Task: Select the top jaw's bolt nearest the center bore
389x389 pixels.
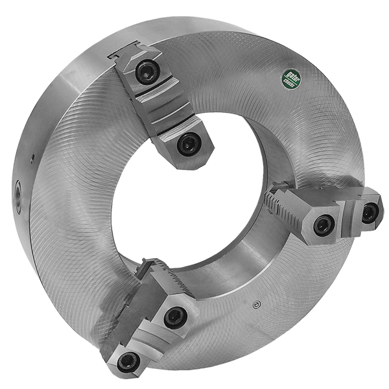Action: (x=188, y=144)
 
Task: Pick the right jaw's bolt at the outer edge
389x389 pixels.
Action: (x=369, y=213)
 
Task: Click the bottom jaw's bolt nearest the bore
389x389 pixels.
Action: (x=175, y=316)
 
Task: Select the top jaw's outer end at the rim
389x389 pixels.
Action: (x=130, y=56)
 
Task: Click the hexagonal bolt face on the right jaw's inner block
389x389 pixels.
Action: (x=318, y=224)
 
